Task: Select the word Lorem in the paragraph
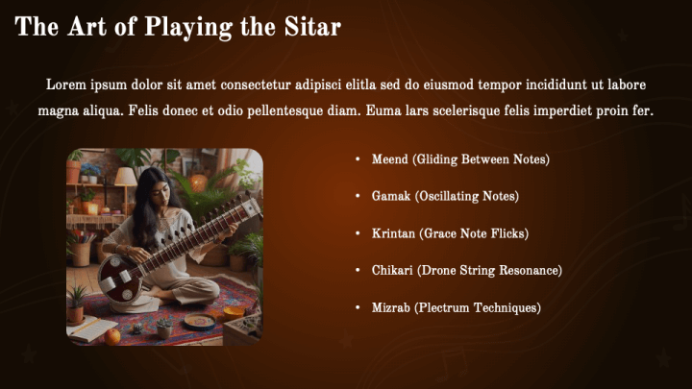pos(66,85)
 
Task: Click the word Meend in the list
pos(389,159)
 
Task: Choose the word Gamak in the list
pos(390,196)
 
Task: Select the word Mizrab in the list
pos(391,307)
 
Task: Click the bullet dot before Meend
pos(358,159)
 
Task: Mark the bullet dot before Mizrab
pos(358,308)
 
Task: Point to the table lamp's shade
pos(125,177)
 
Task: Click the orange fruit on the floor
pos(113,335)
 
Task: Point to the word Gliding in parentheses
pos(439,159)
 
